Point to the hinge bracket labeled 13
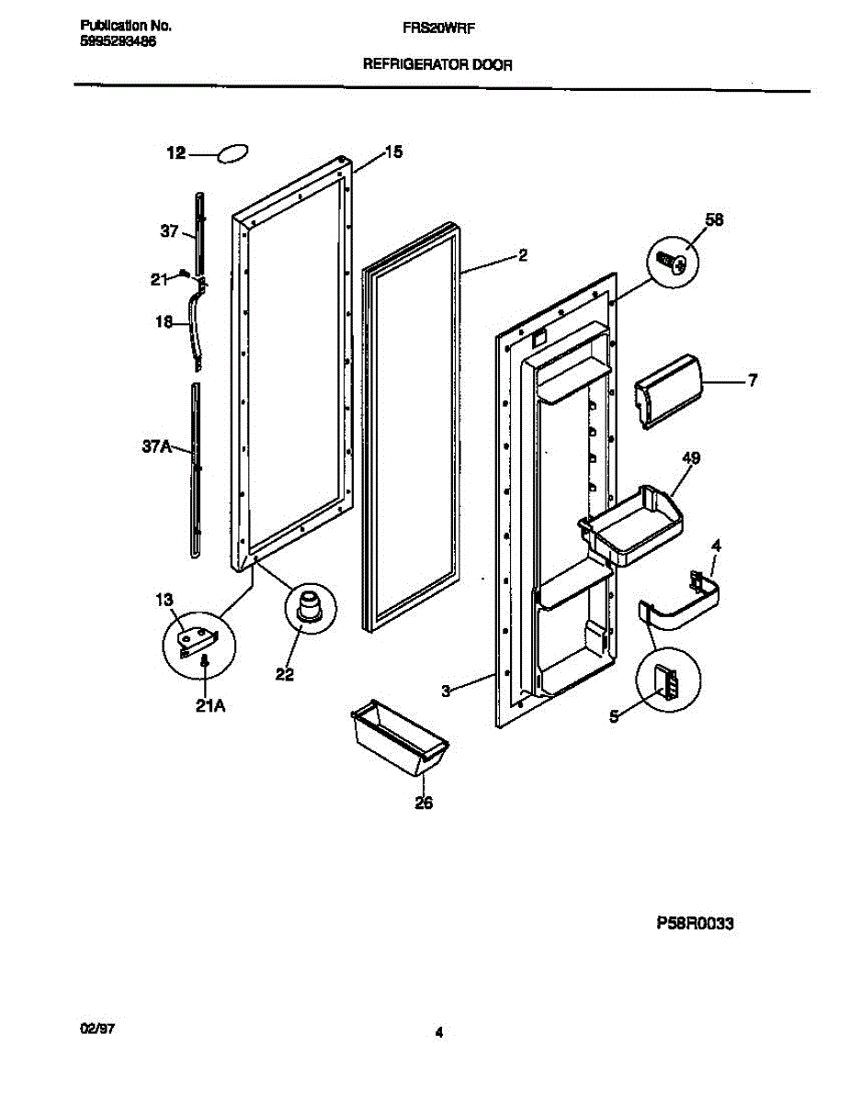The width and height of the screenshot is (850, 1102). pos(196,636)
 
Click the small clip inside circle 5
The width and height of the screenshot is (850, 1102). pos(667,683)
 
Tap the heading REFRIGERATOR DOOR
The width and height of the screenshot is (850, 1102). pos(438,65)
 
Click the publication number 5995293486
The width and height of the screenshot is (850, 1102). pos(111,41)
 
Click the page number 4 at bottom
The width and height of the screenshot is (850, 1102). pos(439,1033)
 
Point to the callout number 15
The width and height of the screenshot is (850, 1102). pos(392,152)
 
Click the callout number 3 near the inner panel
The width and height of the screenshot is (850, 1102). pos(446,692)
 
